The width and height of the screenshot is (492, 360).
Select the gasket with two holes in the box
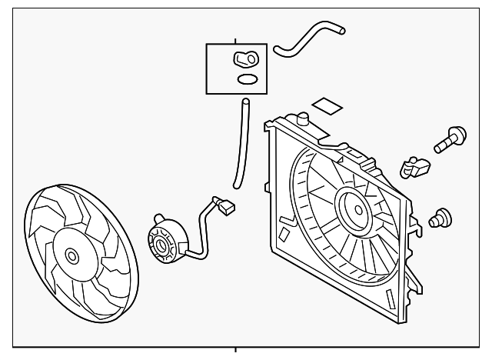[244, 58]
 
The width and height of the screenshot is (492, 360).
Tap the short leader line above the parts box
[236, 38]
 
